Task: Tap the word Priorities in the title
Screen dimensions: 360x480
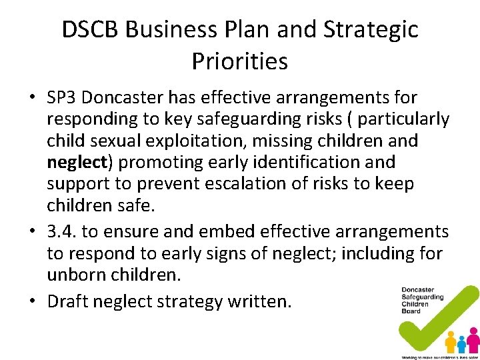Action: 239,61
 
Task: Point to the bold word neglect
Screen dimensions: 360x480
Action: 77,162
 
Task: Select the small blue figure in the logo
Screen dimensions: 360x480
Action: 461,344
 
